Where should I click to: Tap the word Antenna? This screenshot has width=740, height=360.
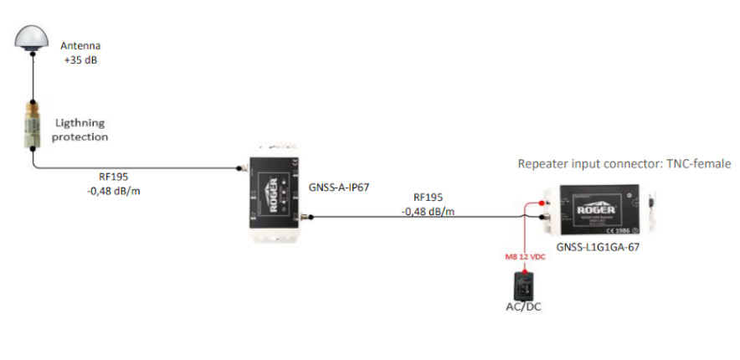80,45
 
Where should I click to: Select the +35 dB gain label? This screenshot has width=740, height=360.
80,60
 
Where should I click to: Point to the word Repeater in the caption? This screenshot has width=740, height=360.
545,164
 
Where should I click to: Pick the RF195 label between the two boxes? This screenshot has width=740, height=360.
428,198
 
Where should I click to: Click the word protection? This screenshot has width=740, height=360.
81,136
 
